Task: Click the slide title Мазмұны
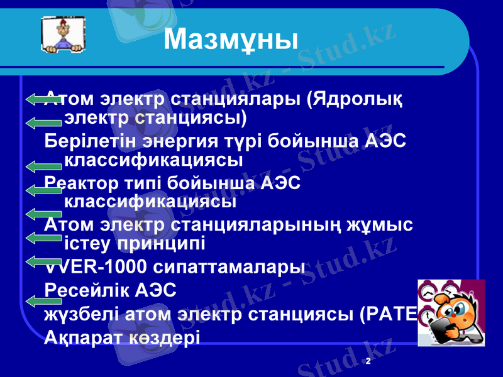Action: click(231, 41)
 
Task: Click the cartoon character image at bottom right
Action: click(451, 312)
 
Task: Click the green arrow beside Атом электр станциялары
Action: click(44, 99)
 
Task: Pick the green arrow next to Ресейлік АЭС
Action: click(44, 301)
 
